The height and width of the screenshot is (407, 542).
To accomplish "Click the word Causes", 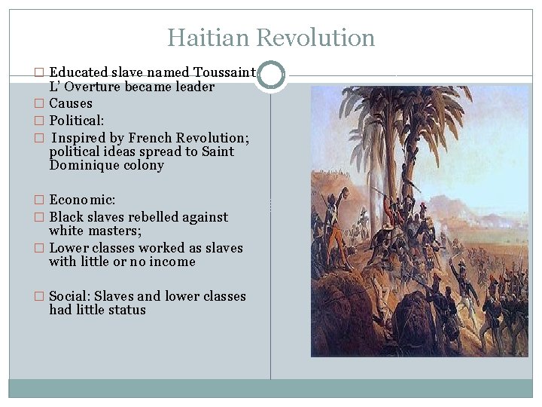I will point(71,103).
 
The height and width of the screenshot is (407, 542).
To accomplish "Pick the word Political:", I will point(77,121).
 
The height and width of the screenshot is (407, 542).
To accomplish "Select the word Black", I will point(66,217).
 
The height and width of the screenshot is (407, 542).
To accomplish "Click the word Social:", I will point(72,296).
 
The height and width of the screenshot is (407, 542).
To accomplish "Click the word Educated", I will point(78,73).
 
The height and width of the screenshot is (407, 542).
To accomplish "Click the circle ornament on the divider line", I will point(271,75).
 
